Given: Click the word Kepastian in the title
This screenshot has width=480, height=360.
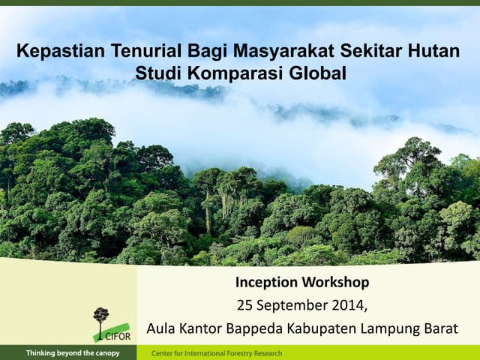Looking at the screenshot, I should point(61,52).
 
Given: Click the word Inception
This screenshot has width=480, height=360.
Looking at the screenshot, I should point(266,283).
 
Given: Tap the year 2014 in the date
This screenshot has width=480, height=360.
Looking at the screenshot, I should point(349,305).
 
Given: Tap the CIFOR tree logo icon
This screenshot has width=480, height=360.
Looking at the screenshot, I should point(100,318).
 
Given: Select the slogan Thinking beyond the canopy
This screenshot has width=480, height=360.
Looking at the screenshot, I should point(72,353).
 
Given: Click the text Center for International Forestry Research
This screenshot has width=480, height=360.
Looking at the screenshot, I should point(217,353).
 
